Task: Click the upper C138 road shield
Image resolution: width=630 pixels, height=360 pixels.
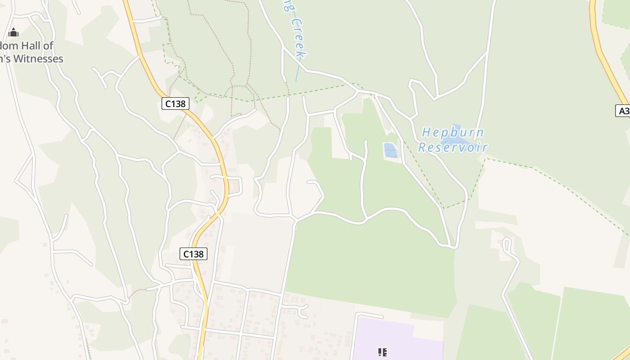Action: (175, 103)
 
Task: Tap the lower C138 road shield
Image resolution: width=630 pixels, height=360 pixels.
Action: (193, 254)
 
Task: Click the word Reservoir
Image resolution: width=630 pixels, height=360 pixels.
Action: (453, 147)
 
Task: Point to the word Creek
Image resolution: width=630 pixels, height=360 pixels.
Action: (298, 38)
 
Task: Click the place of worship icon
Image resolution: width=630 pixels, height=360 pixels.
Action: (13, 32)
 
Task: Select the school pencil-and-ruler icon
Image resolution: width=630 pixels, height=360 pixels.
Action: (382, 352)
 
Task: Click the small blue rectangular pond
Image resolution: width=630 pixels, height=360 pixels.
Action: (390, 150)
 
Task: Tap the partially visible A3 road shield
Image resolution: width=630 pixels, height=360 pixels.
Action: (623, 111)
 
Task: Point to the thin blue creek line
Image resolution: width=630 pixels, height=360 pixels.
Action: (297, 72)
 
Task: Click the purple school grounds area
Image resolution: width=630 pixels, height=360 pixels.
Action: (396, 337)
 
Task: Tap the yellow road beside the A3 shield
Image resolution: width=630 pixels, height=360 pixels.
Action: (607, 67)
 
